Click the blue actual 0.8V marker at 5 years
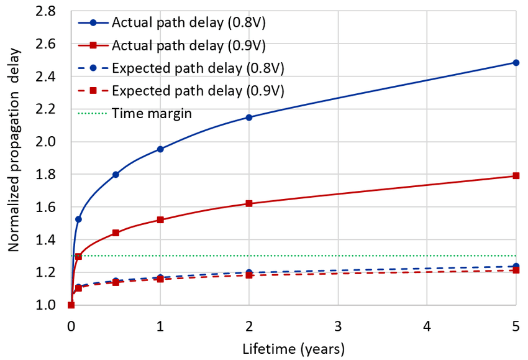click(x=516, y=63)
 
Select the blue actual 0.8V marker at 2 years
click(x=249, y=117)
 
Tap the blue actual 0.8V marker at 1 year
click(x=160, y=149)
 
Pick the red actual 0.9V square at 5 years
click(x=516, y=176)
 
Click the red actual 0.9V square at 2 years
click(x=249, y=203)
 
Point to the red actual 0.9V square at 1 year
click(x=160, y=219)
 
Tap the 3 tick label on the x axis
click(x=338, y=326)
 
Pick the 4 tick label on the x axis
click(x=427, y=326)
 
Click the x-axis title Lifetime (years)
click(x=293, y=348)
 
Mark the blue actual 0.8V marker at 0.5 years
click(x=116, y=175)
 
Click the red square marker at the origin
click(x=71, y=305)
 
